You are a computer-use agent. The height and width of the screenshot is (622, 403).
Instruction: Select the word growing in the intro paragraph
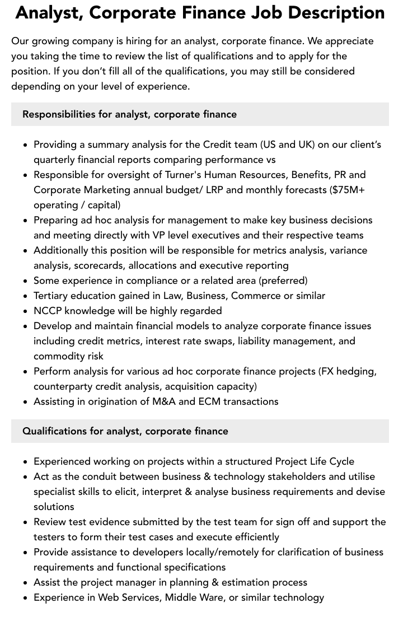click(47, 41)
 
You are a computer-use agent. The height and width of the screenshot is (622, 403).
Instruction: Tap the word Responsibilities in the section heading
click(59, 114)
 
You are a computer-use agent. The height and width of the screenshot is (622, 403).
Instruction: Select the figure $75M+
click(348, 190)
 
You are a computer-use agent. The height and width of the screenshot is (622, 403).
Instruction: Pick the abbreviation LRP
click(215, 190)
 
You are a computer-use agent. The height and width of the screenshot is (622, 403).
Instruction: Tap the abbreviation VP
click(161, 235)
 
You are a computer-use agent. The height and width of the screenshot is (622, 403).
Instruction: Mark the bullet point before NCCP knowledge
click(26, 311)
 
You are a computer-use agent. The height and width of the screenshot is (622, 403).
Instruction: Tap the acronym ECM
click(209, 401)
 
